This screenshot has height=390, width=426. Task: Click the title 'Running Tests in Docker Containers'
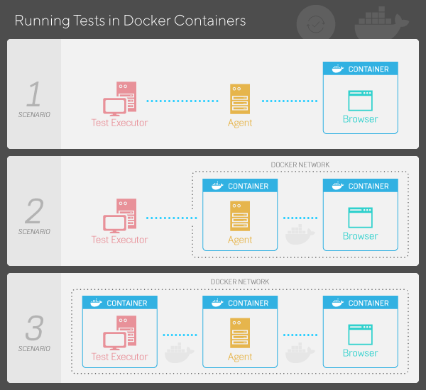(130, 21)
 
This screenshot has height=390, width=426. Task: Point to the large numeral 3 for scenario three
(34, 328)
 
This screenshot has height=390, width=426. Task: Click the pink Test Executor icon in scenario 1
(119, 99)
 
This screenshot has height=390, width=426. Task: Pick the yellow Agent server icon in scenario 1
(240, 99)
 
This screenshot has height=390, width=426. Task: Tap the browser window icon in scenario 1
(360, 99)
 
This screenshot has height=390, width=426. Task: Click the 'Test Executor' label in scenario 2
(119, 240)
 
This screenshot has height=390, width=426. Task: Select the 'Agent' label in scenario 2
(240, 240)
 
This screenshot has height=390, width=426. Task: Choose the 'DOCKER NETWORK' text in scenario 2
(300, 165)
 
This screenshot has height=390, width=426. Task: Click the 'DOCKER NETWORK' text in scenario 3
(240, 282)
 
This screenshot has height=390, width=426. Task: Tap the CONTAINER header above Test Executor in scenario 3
(119, 303)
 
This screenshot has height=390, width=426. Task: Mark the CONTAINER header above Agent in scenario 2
(240, 186)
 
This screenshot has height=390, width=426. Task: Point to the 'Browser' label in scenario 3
(360, 353)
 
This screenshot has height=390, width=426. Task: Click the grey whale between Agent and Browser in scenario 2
(300, 234)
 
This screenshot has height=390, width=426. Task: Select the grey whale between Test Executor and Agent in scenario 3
(179, 352)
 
